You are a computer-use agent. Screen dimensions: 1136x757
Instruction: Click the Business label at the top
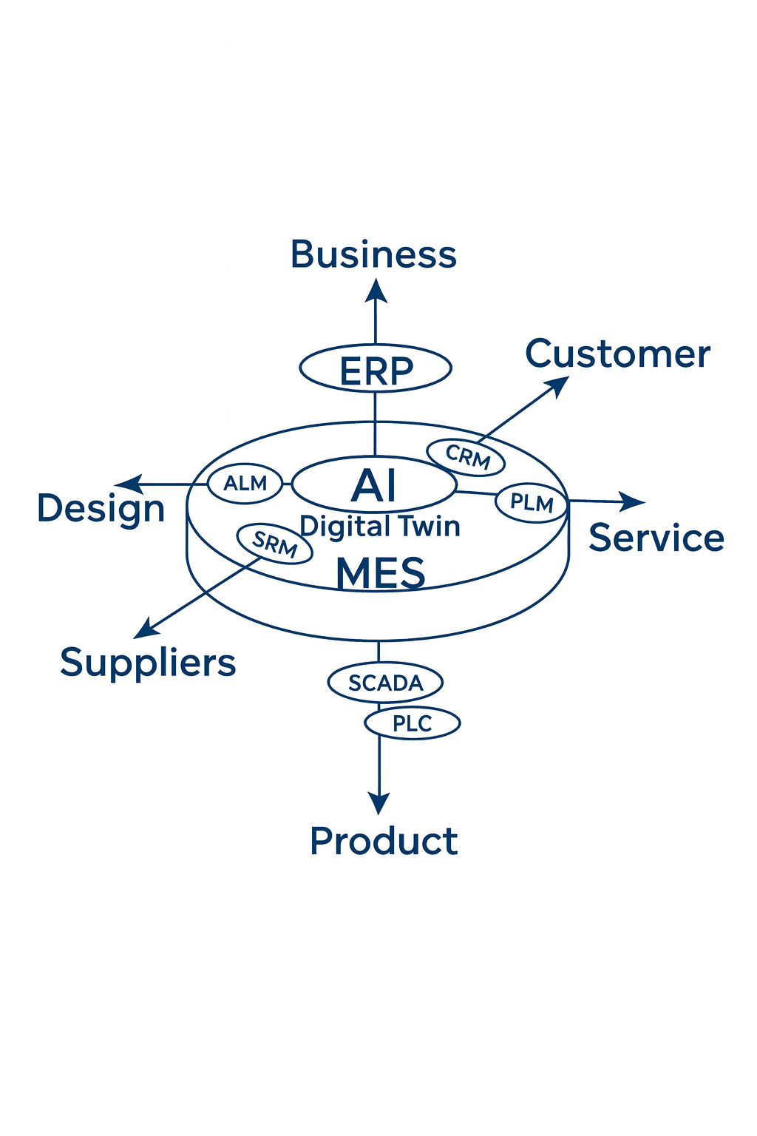point(373,254)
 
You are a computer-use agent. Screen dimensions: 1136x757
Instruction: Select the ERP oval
point(376,368)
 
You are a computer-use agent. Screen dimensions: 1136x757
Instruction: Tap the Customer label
point(617,354)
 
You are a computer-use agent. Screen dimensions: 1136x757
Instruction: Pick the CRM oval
point(466,457)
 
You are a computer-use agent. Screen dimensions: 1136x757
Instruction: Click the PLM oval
point(532,503)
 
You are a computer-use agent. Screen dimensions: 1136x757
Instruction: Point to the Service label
point(656,538)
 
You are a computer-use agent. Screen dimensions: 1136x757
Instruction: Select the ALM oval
point(245,484)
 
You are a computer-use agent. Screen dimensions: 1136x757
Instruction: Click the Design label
point(101,509)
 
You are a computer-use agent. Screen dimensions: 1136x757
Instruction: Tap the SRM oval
point(274,544)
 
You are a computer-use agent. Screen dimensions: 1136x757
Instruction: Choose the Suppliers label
point(148,662)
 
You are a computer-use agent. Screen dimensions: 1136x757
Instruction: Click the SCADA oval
point(385,682)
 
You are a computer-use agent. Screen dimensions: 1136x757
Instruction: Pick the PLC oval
point(413,723)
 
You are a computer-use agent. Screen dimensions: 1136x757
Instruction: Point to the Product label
point(384,841)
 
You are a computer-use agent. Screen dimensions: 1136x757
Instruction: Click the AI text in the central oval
point(374,485)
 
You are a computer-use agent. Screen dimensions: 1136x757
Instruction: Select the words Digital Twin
point(380,526)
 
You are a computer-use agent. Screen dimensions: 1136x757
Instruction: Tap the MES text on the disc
point(381,573)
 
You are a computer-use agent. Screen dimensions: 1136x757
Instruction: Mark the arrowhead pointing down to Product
point(379,803)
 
